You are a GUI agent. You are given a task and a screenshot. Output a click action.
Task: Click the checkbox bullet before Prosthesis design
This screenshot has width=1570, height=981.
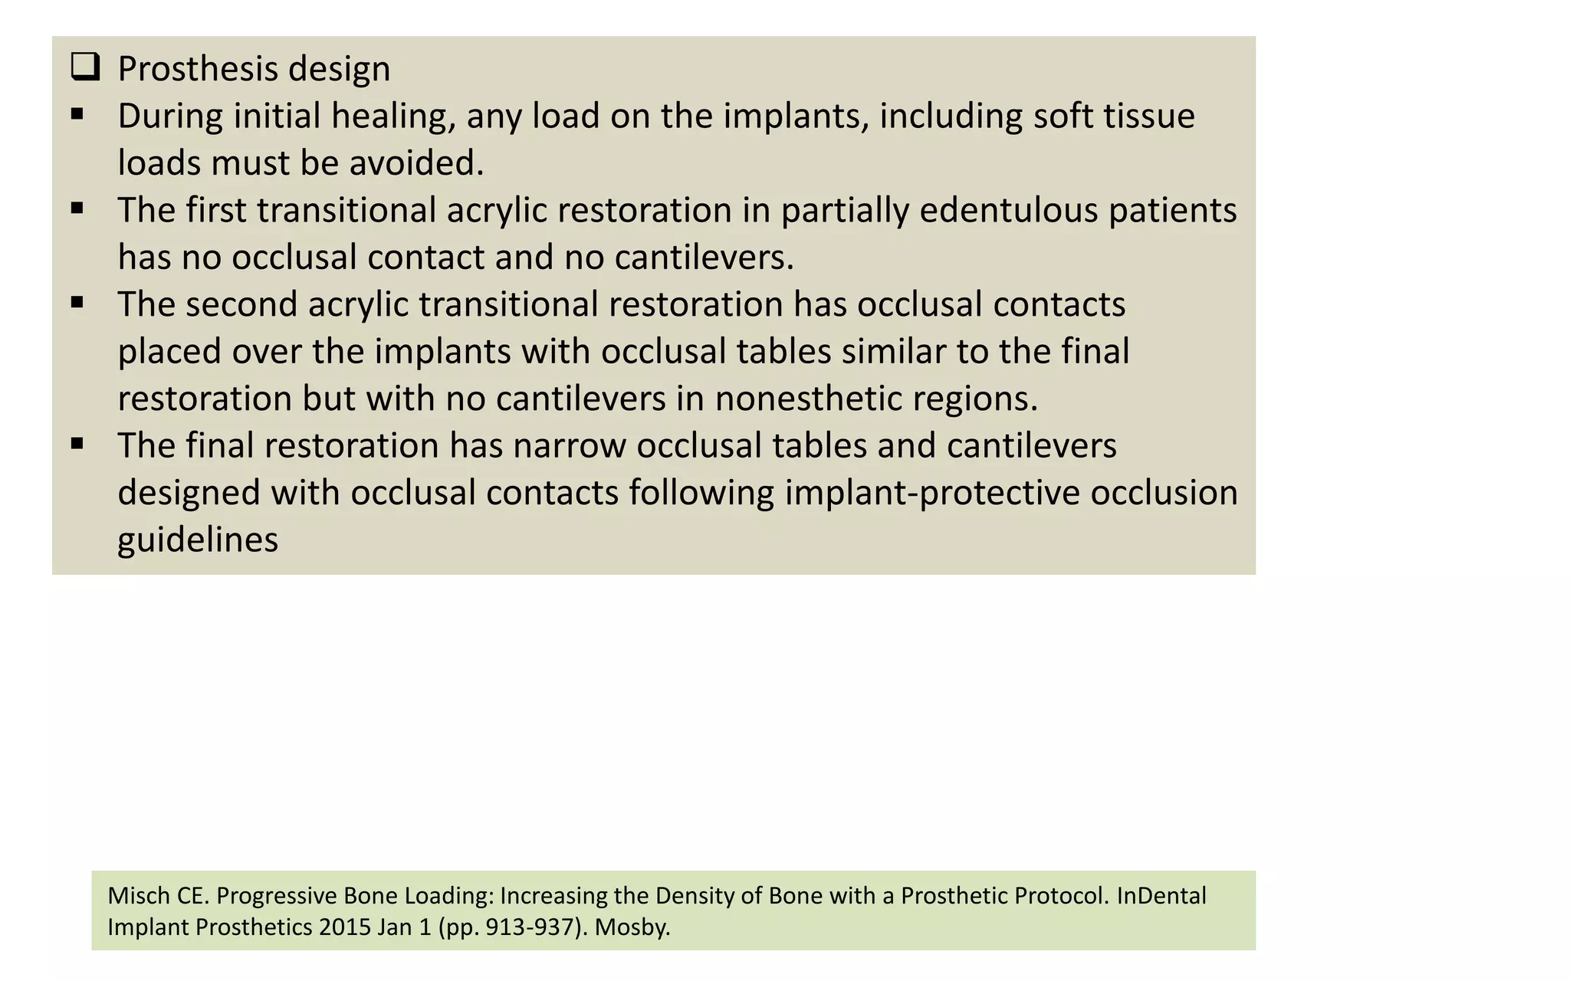pos(85,67)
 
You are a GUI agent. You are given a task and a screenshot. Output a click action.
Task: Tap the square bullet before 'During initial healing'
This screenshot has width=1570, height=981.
pos(77,115)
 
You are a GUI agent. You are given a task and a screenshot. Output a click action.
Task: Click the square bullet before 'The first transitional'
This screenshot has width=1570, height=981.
pos(77,208)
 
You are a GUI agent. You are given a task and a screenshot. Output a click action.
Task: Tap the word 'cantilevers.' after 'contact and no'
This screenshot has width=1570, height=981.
pos(704,258)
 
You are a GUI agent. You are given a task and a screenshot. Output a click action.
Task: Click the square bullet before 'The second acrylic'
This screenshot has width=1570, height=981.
pos(77,303)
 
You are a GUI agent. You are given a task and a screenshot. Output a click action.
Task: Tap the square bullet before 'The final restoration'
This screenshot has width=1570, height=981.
pos(77,444)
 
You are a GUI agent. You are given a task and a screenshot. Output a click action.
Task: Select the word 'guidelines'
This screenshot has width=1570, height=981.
pos(198,540)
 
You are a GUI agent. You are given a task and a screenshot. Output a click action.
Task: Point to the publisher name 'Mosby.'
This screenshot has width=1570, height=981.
pos(632,927)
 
